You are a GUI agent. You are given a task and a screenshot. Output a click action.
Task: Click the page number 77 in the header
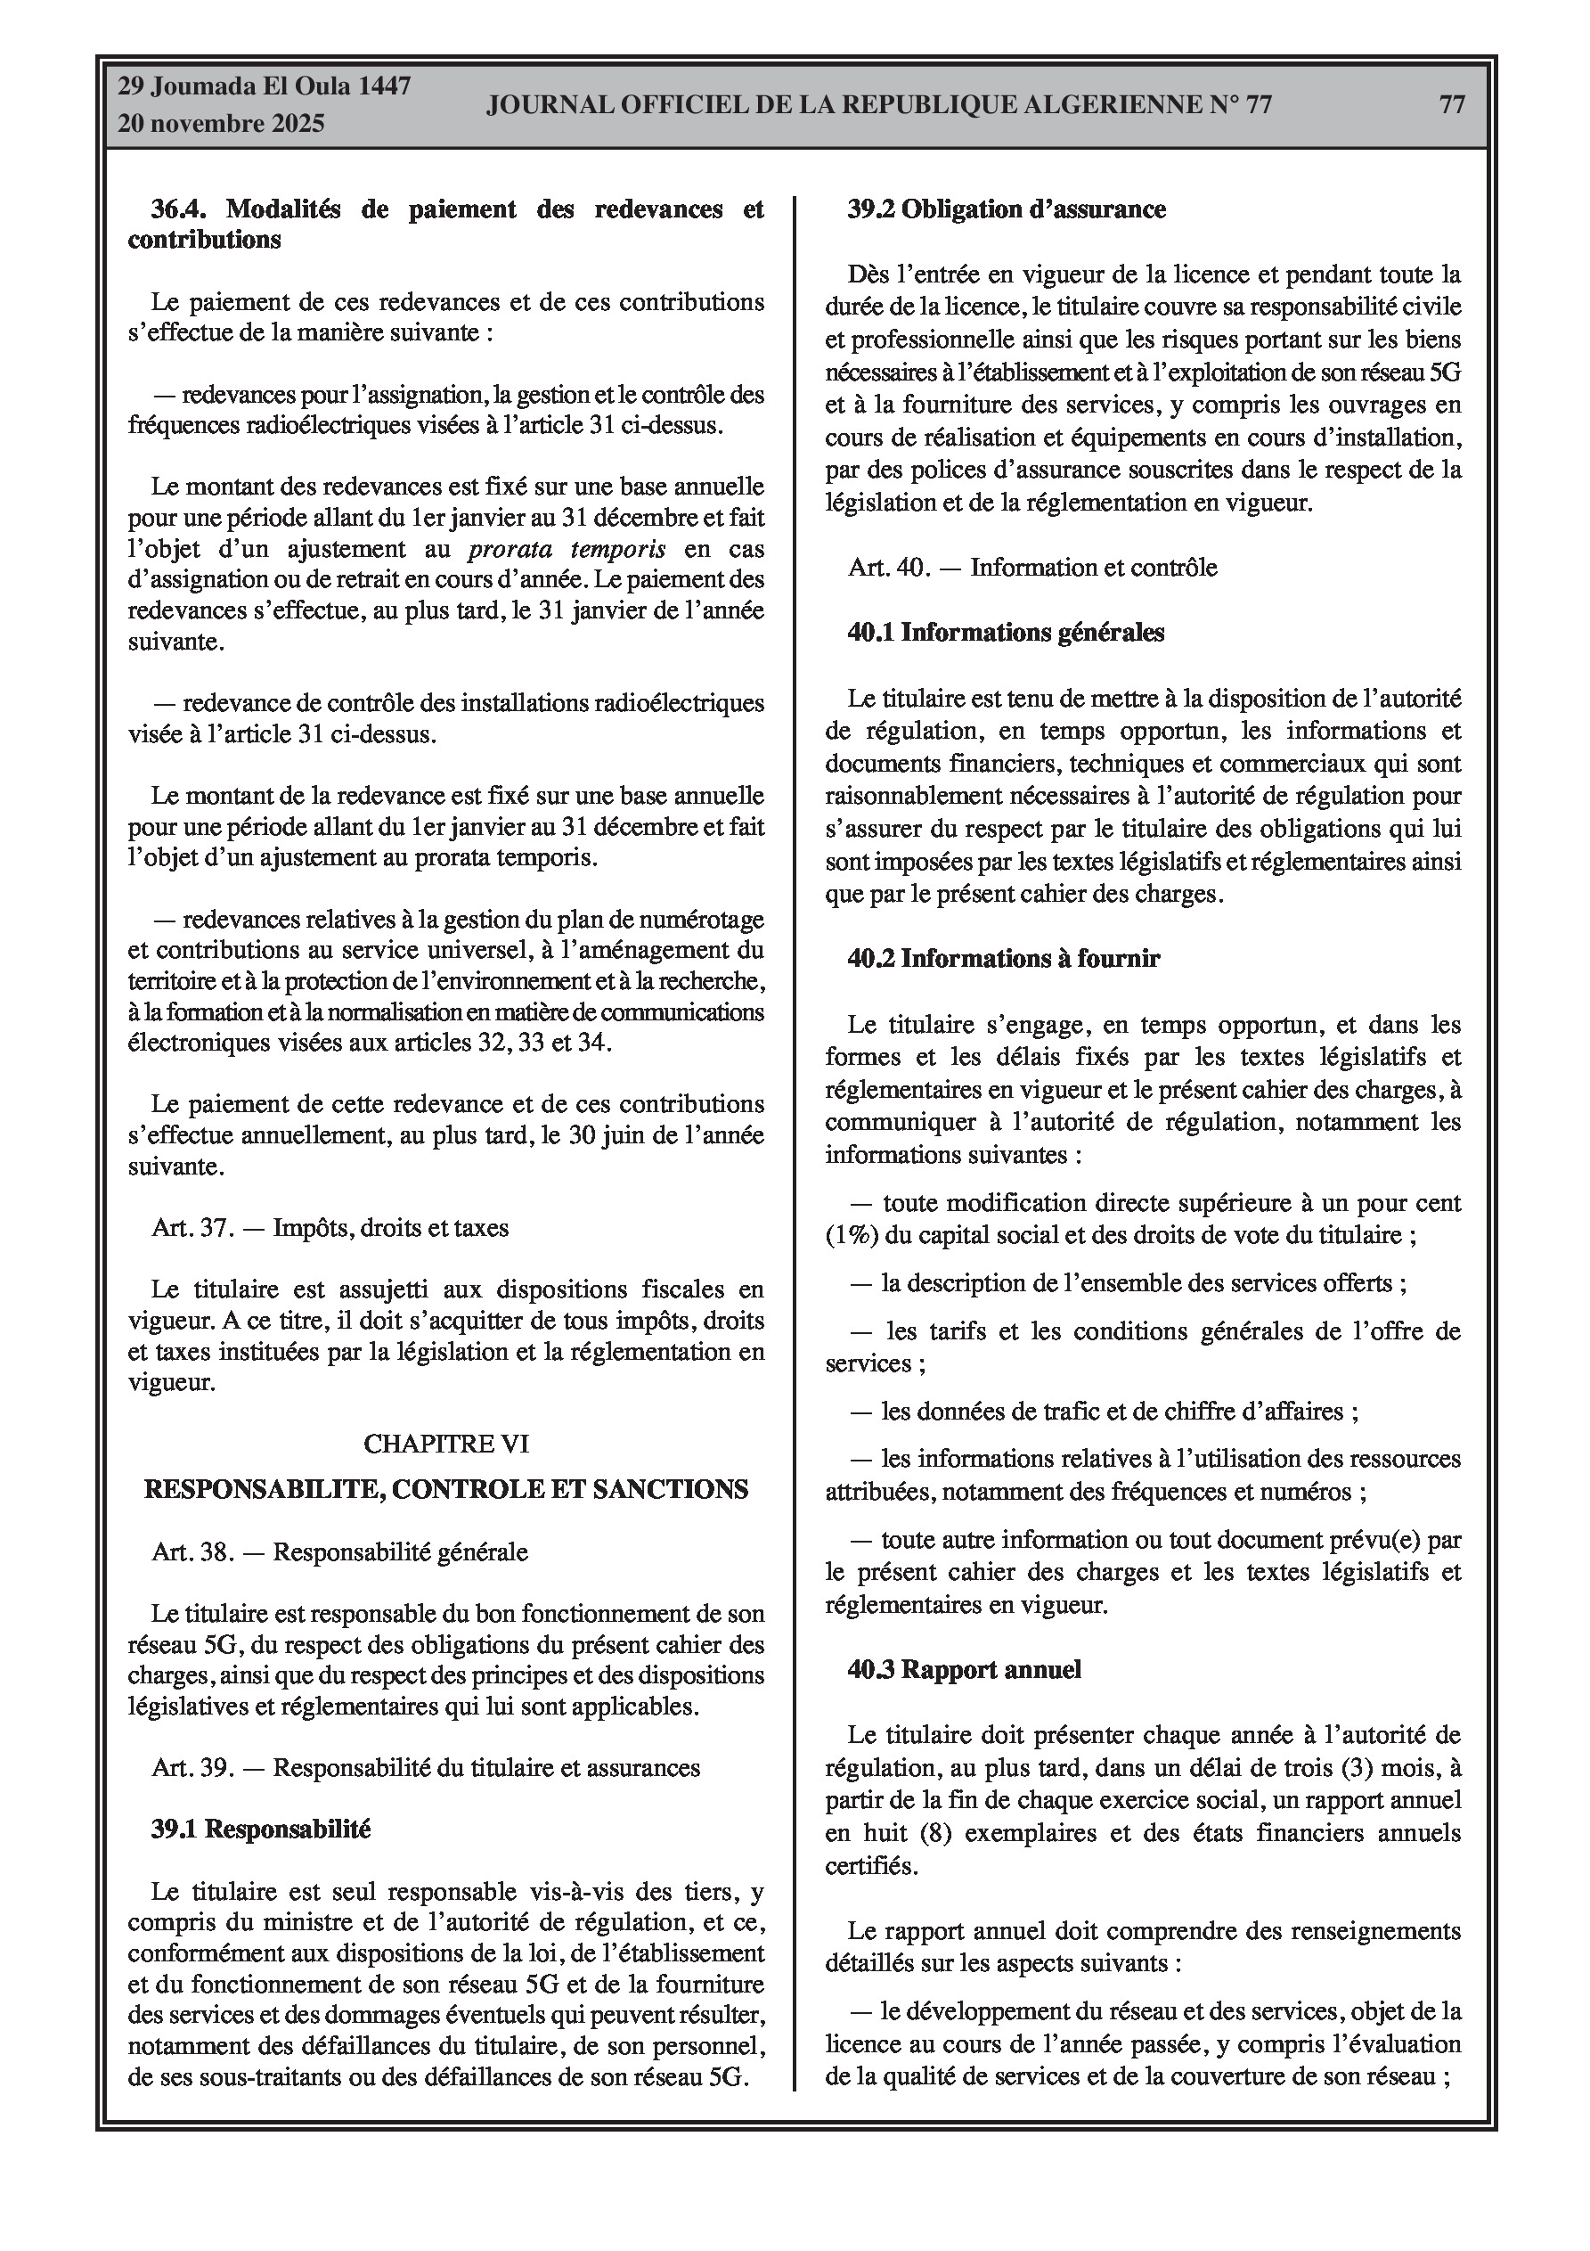click(x=1452, y=105)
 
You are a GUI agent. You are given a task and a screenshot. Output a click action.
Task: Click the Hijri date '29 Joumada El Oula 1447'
click(x=264, y=86)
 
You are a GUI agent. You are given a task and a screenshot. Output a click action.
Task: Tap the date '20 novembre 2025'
click(x=221, y=125)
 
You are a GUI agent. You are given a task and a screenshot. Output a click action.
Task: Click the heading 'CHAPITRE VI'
click(x=446, y=1443)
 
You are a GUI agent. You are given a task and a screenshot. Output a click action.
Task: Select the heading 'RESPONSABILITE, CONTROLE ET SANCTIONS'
click(x=446, y=1489)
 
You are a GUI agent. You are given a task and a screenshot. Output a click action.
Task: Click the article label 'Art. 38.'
click(x=192, y=1552)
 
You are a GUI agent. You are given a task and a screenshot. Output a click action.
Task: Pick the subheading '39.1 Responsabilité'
click(x=261, y=1829)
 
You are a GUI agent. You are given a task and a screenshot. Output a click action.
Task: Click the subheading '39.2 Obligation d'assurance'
click(x=1007, y=209)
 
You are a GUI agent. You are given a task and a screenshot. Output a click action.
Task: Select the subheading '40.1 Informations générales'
click(x=1006, y=633)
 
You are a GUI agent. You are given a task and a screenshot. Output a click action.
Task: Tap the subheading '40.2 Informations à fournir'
click(x=1004, y=958)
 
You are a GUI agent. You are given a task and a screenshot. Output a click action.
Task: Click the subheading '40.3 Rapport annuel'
click(x=965, y=1670)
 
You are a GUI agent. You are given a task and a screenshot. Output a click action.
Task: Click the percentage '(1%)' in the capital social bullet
click(x=852, y=1234)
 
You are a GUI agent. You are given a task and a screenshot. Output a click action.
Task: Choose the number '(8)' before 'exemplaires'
click(x=923, y=1832)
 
